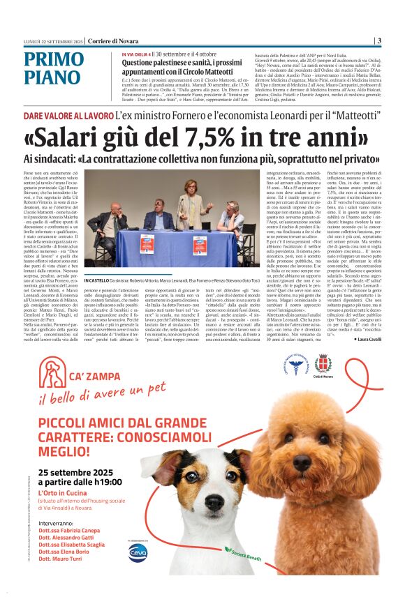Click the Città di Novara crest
pos(322,363)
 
